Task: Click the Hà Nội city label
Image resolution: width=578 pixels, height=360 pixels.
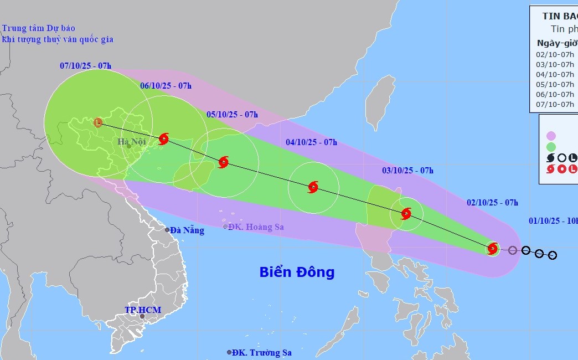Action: click(x=130, y=142)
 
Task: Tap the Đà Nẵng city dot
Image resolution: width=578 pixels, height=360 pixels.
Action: click(x=167, y=230)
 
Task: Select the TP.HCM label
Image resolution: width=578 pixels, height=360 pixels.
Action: click(x=142, y=310)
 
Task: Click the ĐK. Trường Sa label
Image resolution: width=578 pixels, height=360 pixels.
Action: click(x=262, y=352)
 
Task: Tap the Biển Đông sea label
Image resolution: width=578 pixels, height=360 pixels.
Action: click(x=297, y=272)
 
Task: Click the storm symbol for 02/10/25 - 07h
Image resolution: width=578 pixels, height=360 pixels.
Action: click(x=493, y=249)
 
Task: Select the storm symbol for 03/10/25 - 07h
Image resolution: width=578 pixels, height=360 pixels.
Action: click(x=406, y=214)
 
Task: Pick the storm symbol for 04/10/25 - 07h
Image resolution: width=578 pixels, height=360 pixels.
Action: click(x=313, y=187)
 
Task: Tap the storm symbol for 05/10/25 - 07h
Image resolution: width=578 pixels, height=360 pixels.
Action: click(x=223, y=162)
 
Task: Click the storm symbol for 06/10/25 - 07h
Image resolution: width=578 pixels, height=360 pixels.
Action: click(x=163, y=138)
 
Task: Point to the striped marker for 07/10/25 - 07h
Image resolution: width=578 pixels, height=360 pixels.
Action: click(x=98, y=122)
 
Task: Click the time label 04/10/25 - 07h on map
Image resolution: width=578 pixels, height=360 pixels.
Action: click(x=311, y=142)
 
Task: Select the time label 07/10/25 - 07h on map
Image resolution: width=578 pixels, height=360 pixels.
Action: click(x=85, y=66)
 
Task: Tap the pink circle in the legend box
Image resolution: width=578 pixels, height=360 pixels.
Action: click(x=551, y=136)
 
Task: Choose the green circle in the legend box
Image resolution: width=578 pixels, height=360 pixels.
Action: click(x=551, y=147)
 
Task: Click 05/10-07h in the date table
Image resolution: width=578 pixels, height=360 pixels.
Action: click(x=555, y=84)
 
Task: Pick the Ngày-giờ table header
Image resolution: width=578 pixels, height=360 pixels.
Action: click(x=556, y=43)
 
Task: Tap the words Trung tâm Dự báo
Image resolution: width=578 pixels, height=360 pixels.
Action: click(x=38, y=28)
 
